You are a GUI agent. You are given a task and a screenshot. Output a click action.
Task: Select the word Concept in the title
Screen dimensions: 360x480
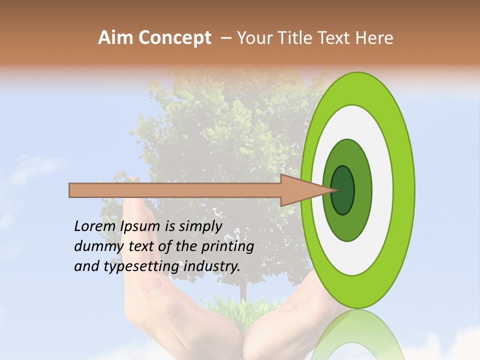[x=174, y=38]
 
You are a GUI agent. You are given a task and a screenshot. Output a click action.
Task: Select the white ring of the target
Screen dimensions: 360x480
[x=383, y=190]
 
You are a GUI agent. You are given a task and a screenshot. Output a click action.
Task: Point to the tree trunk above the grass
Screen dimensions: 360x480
[x=243, y=290]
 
